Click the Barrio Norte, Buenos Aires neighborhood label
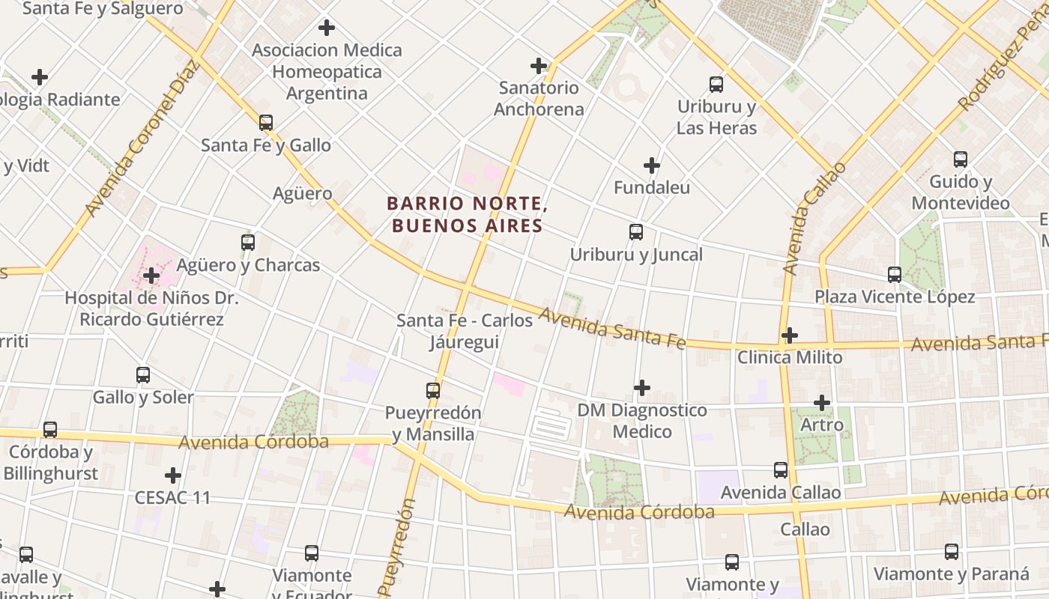pos(465,214)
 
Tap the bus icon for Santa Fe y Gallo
pos(266,122)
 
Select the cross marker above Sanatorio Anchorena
pos(539,65)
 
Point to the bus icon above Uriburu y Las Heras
pos(716,85)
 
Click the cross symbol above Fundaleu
pos(652,165)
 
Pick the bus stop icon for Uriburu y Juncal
pos(636,232)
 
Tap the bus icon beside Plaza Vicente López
pos(895,275)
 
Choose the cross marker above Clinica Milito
pos(789,335)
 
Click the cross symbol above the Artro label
pos(822,403)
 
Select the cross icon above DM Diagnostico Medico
pos(642,388)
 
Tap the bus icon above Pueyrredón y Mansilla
pos(433,390)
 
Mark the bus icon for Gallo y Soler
pos(143,374)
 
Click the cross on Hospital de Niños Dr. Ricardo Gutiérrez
pos(151,276)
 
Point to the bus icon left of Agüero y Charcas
pos(248,243)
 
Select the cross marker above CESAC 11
pos(173,475)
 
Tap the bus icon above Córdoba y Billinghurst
pos(50,430)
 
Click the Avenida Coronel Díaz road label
pos(143,139)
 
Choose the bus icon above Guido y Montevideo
pos(961,159)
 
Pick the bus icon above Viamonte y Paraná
pos(952,552)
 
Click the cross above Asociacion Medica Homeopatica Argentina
pos(326,28)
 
